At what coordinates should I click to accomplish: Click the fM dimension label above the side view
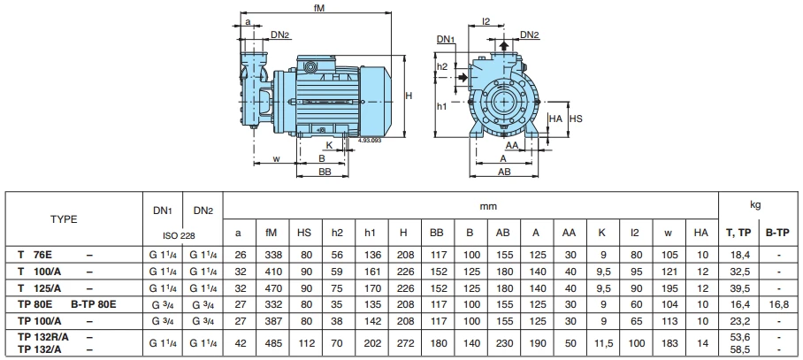click(319, 7)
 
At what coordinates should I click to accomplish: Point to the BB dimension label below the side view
click(325, 173)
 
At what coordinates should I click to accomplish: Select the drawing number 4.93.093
click(371, 140)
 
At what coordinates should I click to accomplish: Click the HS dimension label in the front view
click(575, 117)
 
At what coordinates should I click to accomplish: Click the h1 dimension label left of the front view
click(442, 106)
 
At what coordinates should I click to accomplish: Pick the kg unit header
click(755, 205)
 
